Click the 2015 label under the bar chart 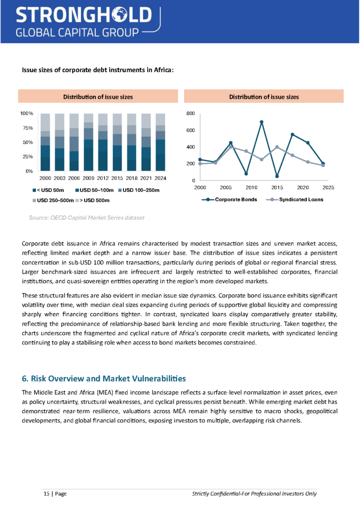tap(117, 178)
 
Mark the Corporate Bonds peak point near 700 tap(262, 122)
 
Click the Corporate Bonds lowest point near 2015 tap(277, 176)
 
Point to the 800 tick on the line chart tap(190, 114)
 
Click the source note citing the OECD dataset tap(87, 218)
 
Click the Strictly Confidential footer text tap(254, 494)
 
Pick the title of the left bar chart tap(97, 97)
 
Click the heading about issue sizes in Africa tap(97, 70)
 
